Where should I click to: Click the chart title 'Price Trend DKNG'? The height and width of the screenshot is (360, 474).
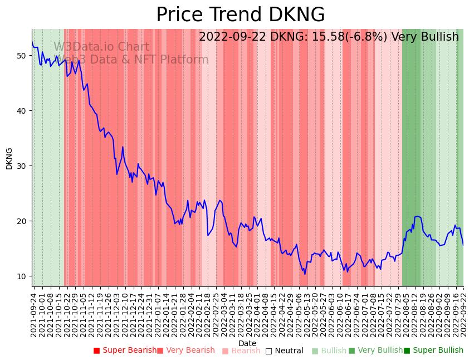click(x=240, y=15)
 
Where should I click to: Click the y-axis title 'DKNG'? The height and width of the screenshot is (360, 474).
click(x=9, y=158)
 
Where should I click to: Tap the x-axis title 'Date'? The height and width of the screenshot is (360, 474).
click(x=247, y=343)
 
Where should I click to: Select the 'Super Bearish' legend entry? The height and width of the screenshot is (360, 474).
click(x=125, y=351)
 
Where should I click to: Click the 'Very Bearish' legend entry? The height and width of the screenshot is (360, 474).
click(x=185, y=351)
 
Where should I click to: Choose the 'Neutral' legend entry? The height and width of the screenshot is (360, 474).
click(x=284, y=351)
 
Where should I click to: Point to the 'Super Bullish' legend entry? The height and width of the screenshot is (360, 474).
click(x=433, y=351)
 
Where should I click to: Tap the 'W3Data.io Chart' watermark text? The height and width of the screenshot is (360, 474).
click(x=101, y=47)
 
